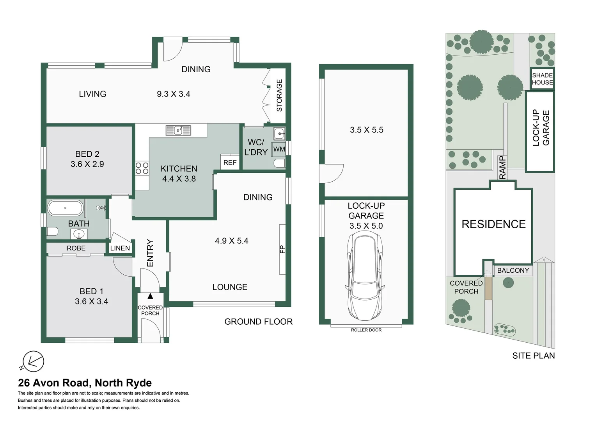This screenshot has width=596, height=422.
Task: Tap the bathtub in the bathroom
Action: (x=65, y=208)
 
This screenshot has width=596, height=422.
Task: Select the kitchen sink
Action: (x=178, y=130)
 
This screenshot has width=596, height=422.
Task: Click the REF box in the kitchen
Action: (x=230, y=162)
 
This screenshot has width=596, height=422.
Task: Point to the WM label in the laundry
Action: (x=279, y=149)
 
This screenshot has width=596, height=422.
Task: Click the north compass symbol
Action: (x=33, y=361)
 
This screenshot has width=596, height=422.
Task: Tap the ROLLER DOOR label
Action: (x=366, y=330)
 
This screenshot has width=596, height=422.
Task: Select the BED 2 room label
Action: (x=87, y=154)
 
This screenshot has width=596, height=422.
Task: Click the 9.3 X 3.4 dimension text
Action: (x=174, y=94)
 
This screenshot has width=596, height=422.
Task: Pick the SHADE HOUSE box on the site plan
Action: (x=542, y=79)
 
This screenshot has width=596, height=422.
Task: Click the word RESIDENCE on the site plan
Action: (x=493, y=224)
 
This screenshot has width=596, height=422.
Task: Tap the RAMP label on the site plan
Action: (x=502, y=168)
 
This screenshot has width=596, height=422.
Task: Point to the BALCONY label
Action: (x=513, y=270)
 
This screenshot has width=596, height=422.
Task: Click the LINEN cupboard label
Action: (x=120, y=248)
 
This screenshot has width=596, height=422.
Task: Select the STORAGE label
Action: (x=279, y=95)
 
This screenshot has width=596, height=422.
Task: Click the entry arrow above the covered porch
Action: (x=150, y=296)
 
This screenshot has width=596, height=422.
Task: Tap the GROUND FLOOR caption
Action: (x=258, y=322)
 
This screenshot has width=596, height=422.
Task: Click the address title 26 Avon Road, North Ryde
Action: (x=85, y=383)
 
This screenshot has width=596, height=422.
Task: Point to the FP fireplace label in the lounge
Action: (x=282, y=249)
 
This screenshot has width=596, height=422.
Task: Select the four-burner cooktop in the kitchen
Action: (x=142, y=168)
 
